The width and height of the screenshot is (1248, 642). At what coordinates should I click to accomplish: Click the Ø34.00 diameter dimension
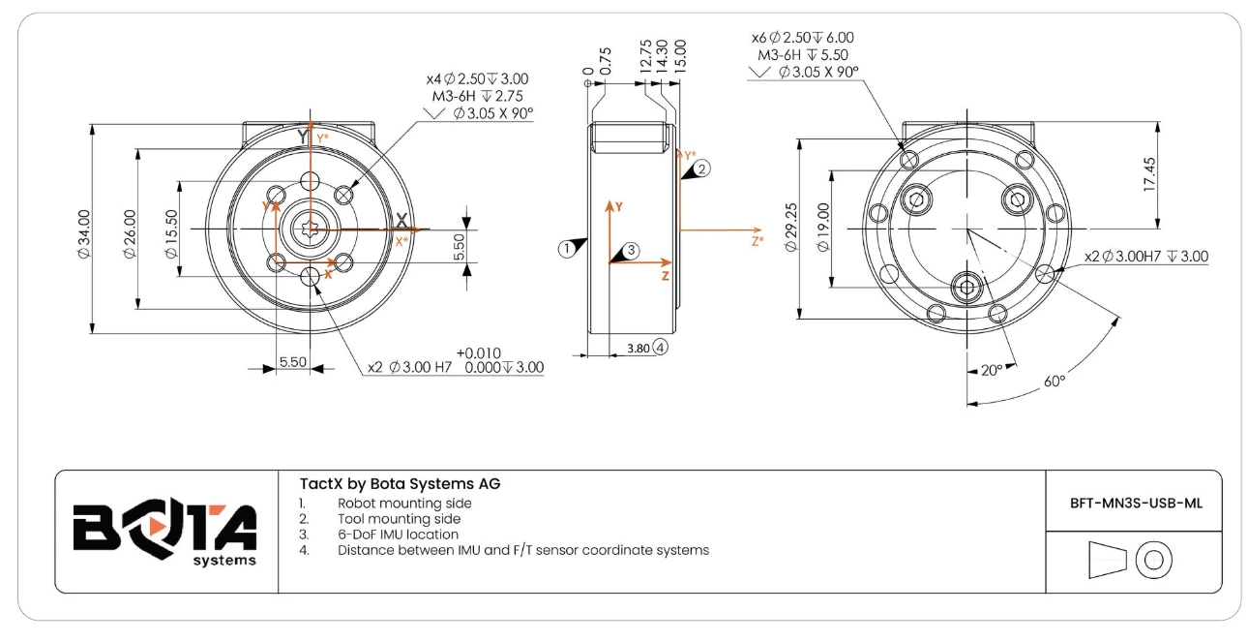tap(84, 233)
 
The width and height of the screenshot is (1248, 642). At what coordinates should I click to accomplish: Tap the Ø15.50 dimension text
tap(171, 233)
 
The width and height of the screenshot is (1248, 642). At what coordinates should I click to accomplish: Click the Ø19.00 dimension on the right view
tap(824, 228)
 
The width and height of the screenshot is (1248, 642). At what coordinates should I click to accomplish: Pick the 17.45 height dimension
tap(1149, 174)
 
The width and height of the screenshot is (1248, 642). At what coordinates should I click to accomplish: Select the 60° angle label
tap(1054, 381)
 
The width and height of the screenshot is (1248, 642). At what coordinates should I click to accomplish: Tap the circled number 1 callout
tap(566, 248)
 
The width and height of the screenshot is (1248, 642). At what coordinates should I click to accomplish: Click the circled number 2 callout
tap(703, 168)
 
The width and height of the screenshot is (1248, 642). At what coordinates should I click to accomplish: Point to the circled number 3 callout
tap(631, 250)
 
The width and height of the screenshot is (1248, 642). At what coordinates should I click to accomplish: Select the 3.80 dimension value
tap(639, 347)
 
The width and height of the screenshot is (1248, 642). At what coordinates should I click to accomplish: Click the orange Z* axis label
tap(758, 241)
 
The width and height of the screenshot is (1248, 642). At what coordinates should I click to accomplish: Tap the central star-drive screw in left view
tap(311, 229)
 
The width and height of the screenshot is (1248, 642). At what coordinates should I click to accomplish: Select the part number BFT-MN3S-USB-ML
tap(1134, 503)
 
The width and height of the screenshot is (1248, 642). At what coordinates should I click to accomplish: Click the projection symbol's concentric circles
tap(1154, 560)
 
